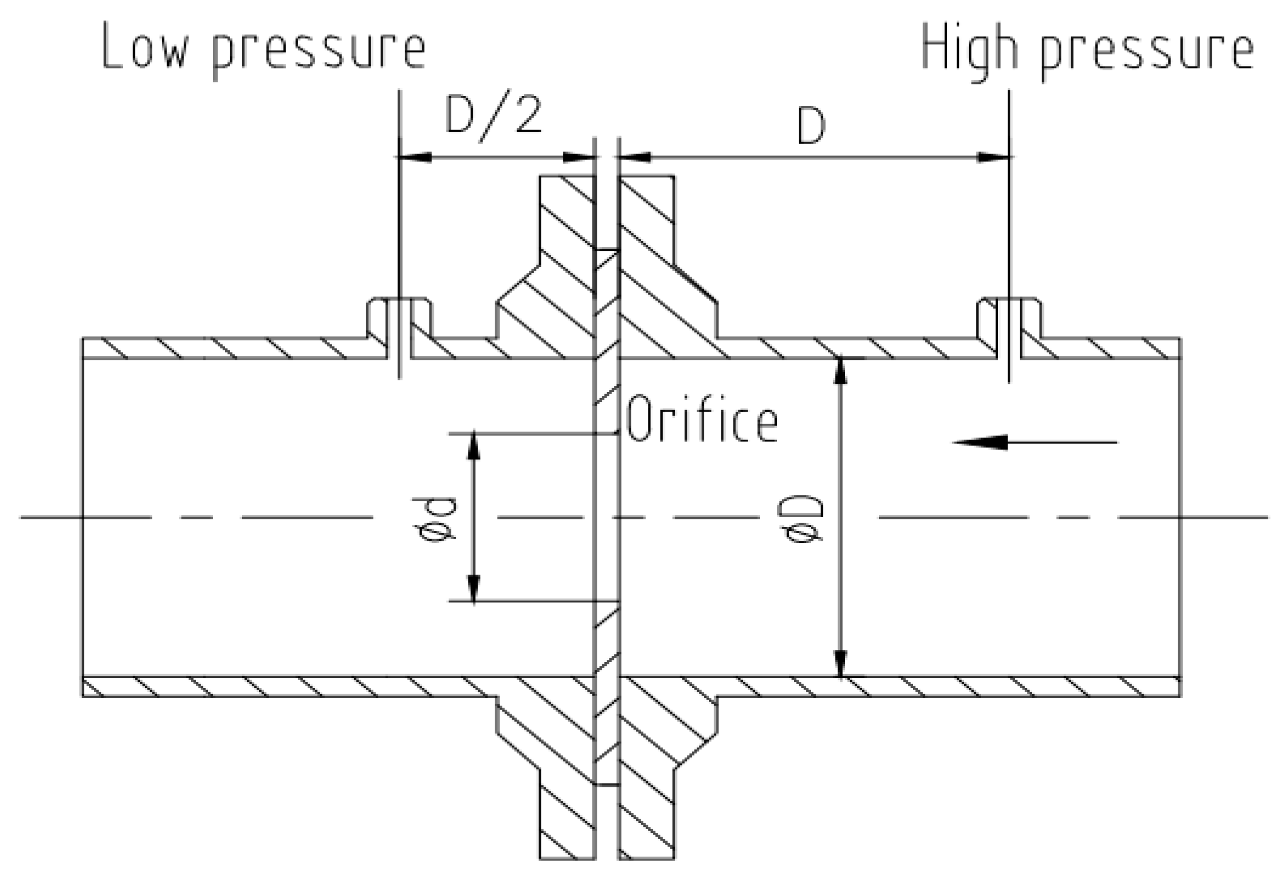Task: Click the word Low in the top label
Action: pos(145,47)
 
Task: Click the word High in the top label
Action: pos(970,49)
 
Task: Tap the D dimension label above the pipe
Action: pos(811,126)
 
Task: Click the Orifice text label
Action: pos(702,418)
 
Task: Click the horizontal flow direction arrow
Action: pos(1034,442)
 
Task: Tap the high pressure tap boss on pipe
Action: pos(1009,320)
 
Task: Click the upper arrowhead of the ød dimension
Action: pos(473,446)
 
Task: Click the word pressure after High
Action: pos(1147,53)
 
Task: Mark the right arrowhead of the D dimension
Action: pos(993,158)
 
